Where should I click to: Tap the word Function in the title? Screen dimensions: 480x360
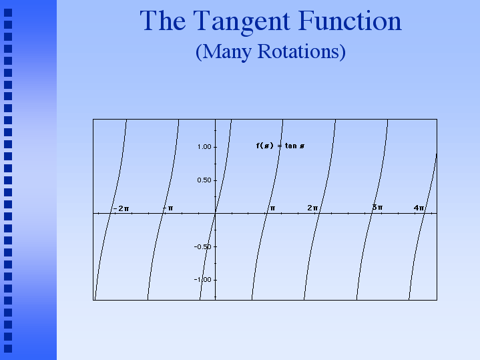coord(350,20)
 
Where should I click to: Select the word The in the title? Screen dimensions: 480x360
coord(163,20)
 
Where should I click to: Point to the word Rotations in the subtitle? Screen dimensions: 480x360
coord(299,51)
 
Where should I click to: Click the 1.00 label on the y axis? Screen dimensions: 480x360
coord(204,147)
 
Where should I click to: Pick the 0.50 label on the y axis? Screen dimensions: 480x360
coord(204,180)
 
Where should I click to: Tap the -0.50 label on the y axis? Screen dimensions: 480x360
coord(203,246)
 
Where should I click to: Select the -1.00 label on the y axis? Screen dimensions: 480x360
coord(203,279)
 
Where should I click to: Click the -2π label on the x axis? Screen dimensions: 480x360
coord(122,208)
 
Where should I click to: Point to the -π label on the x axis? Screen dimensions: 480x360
coord(168,208)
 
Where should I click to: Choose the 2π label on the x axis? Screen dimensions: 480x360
coord(312,208)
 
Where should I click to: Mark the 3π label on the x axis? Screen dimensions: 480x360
coord(377,208)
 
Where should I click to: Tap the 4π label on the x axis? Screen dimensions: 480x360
coord(419,208)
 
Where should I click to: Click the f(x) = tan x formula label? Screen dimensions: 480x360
coord(280,146)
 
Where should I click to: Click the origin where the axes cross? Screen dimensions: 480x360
coord(216,212)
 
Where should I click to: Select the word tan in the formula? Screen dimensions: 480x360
coord(291,146)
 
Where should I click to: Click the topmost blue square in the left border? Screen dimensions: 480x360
coord(8,13)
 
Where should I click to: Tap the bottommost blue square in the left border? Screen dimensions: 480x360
coord(8,349)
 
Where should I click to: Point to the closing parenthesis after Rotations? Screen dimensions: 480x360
coord(343,52)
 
